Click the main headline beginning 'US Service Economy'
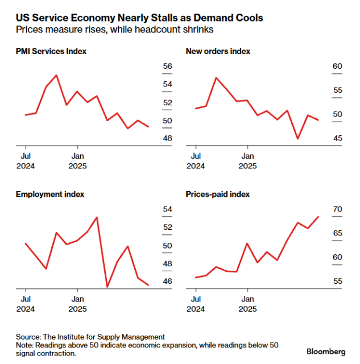click(x=139, y=18)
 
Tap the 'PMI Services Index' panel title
click(x=51, y=52)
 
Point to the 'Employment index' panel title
click(x=49, y=194)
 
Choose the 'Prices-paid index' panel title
click(x=218, y=194)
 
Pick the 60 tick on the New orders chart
click(x=337, y=67)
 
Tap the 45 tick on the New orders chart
click(x=337, y=139)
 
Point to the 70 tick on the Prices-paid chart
click(x=337, y=209)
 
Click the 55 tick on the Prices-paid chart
click(x=337, y=282)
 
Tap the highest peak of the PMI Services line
click(x=56, y=75)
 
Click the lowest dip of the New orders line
click(x=297, y=138)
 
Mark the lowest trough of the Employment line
click(x=107, y=287)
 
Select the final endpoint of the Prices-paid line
click(x=318, y=217)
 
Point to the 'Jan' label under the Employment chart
click(x=77, y=297)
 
